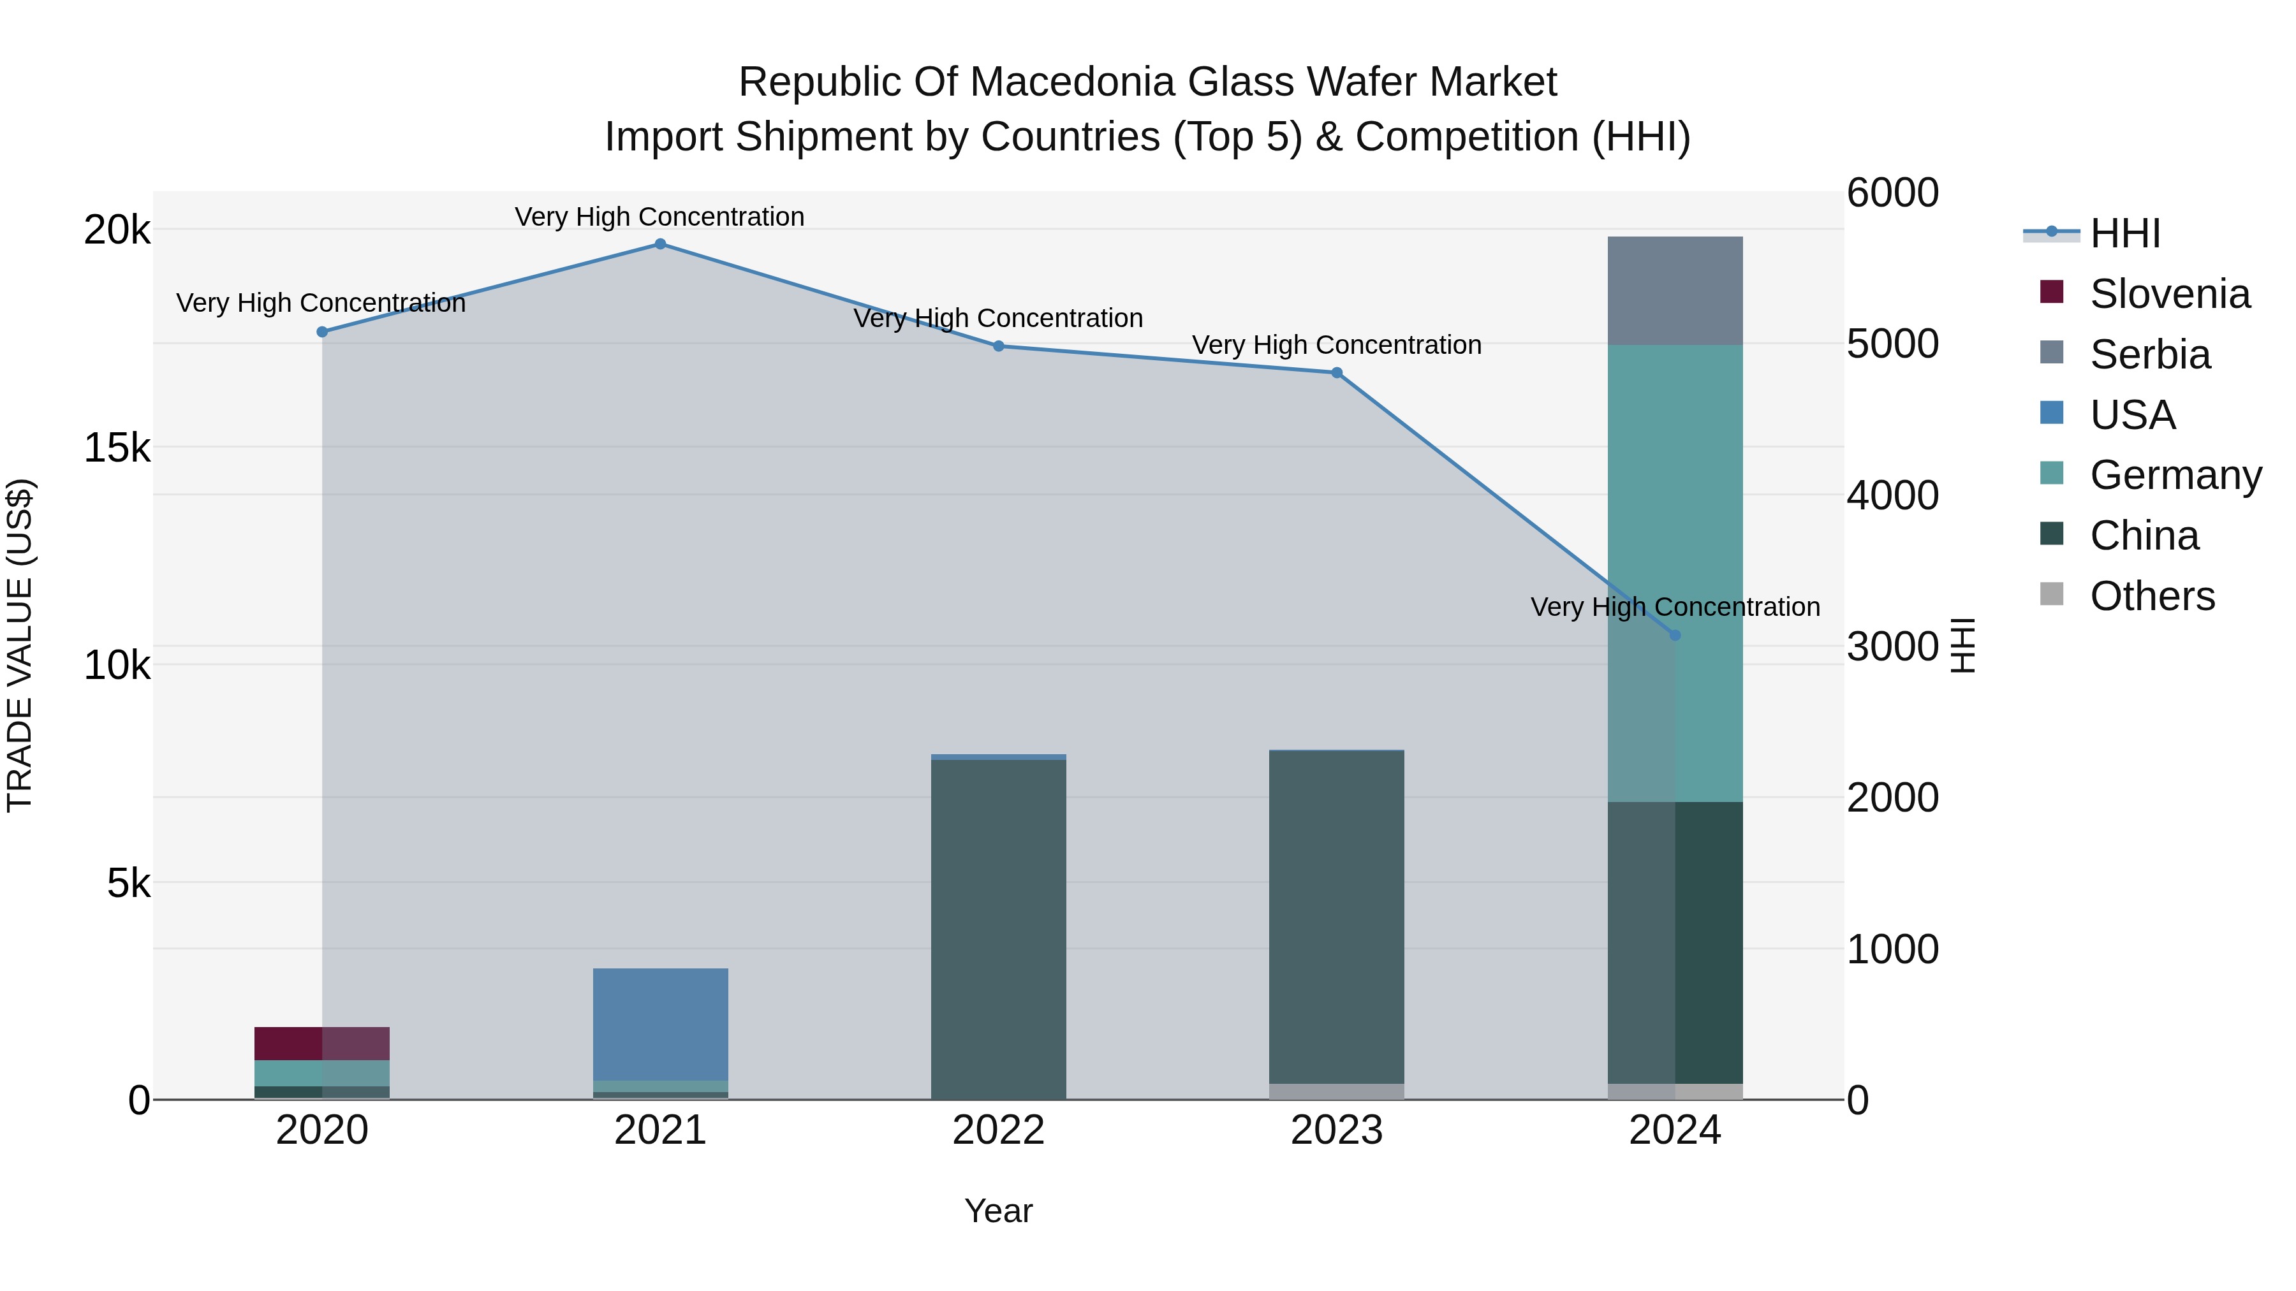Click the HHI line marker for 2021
click(661, 244)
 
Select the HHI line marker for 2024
click(1675, 635)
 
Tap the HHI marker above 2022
click(998, 346)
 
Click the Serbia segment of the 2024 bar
click(1675, 291)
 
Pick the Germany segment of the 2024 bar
click(1675, 570)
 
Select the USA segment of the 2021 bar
click(661, 1025)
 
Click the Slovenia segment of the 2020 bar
click(322, 1043)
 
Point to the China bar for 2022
click(998, 926)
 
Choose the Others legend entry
click(2152, 596)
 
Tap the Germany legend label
click(2175, 475)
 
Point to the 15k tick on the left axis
click(117, 448)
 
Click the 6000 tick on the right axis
click(1892, 193)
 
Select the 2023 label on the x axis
click(1336, 1130)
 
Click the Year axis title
click(998, 1211)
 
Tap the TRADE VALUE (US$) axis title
click(20, 645)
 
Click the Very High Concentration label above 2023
click(1336, 345)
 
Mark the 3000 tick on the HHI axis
click(1892, 647)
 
